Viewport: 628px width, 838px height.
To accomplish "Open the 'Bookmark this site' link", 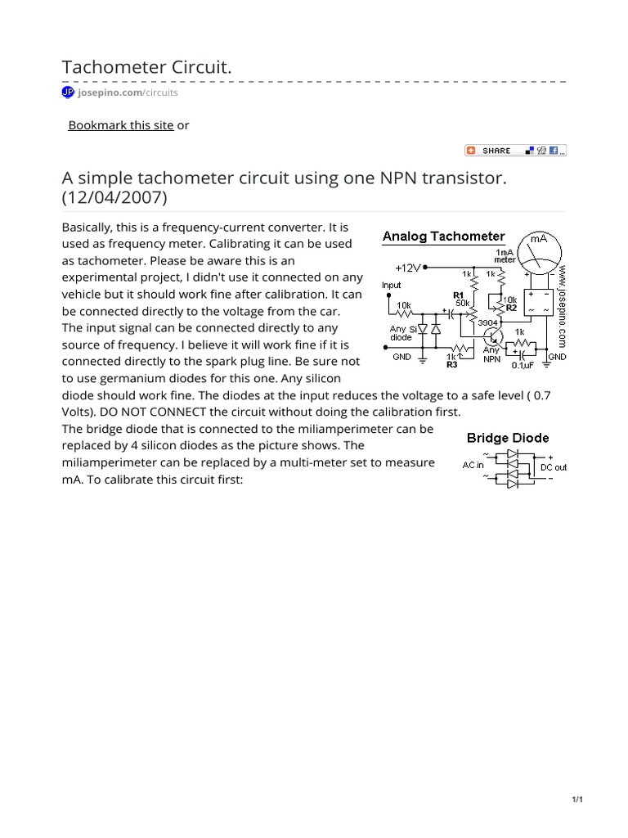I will [x=120, y=125].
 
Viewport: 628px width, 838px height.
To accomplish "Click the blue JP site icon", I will [x=68, y=92].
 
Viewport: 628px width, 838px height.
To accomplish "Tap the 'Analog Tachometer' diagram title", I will [x=444, y=237].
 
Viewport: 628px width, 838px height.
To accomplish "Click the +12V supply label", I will [x=409, y=268].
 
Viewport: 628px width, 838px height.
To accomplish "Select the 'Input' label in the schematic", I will [x=392, y=286].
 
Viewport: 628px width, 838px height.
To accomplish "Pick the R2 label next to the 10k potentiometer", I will [x=511, y=309].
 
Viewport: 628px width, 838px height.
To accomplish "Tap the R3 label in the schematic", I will [x=451, y=364].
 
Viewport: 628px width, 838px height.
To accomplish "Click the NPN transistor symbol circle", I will [x=493, y=336].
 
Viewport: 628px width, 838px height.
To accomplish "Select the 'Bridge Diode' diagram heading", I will [x=508, y=439].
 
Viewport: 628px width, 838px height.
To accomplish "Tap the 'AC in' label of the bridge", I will [x=473, y=464].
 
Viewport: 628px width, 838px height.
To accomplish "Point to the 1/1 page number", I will [x=576, y=800].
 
